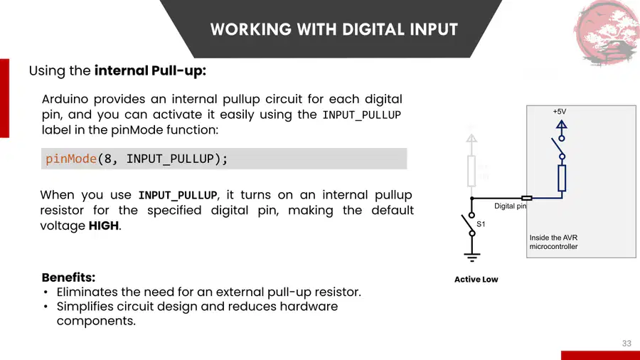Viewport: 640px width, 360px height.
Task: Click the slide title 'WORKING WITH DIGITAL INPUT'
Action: point(334,29)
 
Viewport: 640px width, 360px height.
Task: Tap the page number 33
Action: point(626,343)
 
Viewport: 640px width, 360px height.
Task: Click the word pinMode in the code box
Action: point(71,159)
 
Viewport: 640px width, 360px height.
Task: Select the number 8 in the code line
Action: point(108,159)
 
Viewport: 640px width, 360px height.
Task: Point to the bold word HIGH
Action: point(104,226)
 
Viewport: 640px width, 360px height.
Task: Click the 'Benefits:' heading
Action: point(68,277)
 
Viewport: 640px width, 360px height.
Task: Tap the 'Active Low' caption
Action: point(476,280)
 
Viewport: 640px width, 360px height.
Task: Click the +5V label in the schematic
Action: point(560,112)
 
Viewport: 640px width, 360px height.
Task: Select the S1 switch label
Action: point(481,224)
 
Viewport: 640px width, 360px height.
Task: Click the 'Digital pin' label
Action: point(510,206)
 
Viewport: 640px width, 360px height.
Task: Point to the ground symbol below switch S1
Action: point(472,257)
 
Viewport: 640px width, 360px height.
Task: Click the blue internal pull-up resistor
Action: point(562,178)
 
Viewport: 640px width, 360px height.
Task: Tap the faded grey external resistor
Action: point(471,171)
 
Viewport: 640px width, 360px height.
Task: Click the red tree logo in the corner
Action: point(607,33)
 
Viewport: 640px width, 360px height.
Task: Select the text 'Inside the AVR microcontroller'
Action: point(553,242)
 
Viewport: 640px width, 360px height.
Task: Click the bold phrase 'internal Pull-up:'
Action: point(150,70)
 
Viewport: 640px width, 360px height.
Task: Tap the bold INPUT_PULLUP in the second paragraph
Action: point(178,195)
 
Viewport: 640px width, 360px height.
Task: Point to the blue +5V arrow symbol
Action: point(562,125)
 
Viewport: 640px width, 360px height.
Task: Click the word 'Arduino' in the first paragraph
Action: point(65,99)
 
